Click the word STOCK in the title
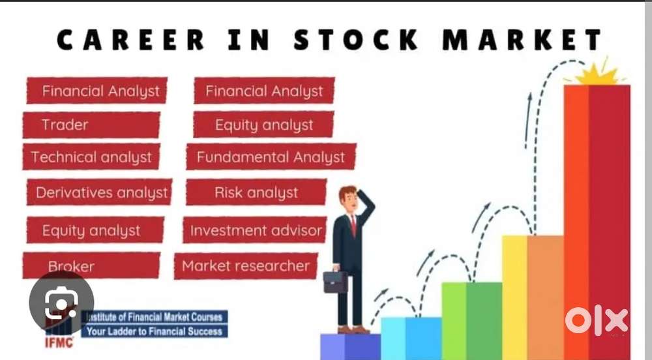356,40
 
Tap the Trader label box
91,125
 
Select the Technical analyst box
91,157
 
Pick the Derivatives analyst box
99,192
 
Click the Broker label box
91,265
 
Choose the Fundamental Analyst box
271,157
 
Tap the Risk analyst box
256,192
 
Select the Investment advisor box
255,230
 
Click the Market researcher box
246,266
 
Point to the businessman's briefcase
335,282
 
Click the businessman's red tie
353,226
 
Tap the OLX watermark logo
597,320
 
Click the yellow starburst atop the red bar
595,73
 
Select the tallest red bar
597,222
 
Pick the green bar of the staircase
472,321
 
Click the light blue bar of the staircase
411,338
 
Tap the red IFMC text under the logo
59,342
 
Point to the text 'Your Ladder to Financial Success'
155,331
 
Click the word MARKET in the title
522,40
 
